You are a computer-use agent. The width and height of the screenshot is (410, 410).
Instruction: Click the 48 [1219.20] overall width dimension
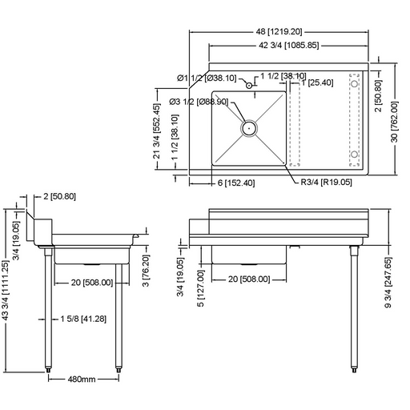pyautogui.click(x=280, y=32)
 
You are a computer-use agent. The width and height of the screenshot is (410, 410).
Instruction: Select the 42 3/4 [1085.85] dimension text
pyautogui.click(x=287, y=46)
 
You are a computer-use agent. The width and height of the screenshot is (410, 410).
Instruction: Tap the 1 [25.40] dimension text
pyautogui.click(x=320, y=82)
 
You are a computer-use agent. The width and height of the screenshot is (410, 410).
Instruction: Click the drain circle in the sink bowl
pyautogui.click(x=249, y=127)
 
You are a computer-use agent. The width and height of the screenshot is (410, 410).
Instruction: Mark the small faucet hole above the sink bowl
pyautogui.click(x=249, y=85)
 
